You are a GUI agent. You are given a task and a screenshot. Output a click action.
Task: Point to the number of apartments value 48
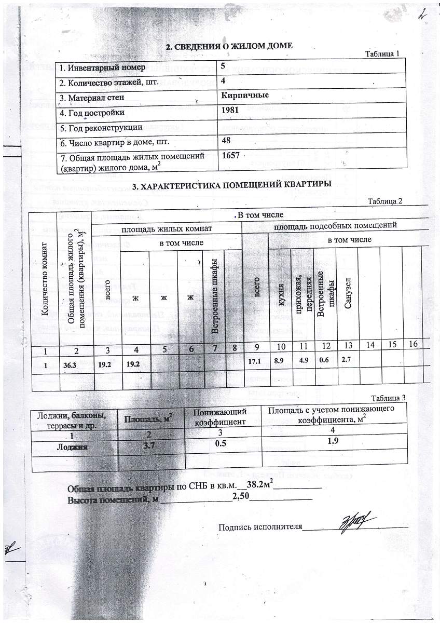coord(226,140)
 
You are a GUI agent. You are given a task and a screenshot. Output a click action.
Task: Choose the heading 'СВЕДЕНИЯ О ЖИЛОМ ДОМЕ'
coord(229,46)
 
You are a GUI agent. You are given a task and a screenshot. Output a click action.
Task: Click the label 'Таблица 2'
coord(384,201)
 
